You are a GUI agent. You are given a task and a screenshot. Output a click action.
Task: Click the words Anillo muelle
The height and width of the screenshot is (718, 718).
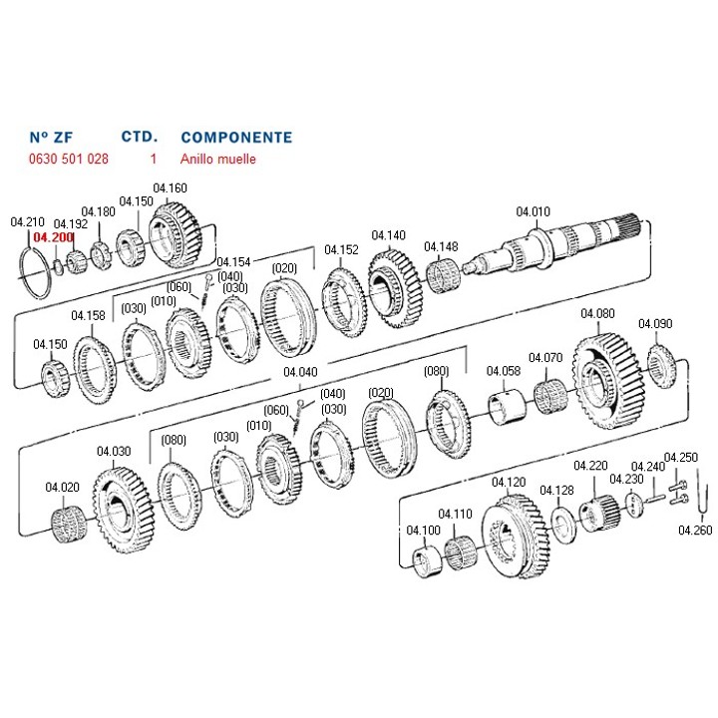[x=218, y=159]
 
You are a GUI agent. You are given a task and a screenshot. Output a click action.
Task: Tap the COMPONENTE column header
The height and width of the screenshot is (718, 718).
[x=236, y=137]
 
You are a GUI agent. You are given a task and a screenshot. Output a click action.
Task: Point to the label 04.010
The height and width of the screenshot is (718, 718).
[x=533, y=211]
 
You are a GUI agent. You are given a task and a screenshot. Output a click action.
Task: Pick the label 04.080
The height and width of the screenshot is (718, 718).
[x=597, y=313]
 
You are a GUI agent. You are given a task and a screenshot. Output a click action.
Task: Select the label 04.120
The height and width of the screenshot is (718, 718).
[x=509, y=482]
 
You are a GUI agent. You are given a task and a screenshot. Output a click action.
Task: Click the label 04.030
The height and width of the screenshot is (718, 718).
[x=114, y=451]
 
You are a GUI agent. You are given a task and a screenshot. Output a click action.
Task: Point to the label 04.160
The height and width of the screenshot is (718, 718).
[x=170, y=187]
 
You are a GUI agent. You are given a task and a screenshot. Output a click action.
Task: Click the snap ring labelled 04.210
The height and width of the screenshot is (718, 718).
[x=35, y=271]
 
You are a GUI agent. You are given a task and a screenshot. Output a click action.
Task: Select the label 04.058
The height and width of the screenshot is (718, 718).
[x=504, y=371]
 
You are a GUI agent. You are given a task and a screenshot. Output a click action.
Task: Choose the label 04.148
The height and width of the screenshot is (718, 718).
[x=441, y=246]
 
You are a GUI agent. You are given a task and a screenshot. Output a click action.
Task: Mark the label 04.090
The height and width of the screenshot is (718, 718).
[x=655, y=323]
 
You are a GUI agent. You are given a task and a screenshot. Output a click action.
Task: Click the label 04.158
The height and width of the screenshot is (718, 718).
[x=88, y=316]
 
